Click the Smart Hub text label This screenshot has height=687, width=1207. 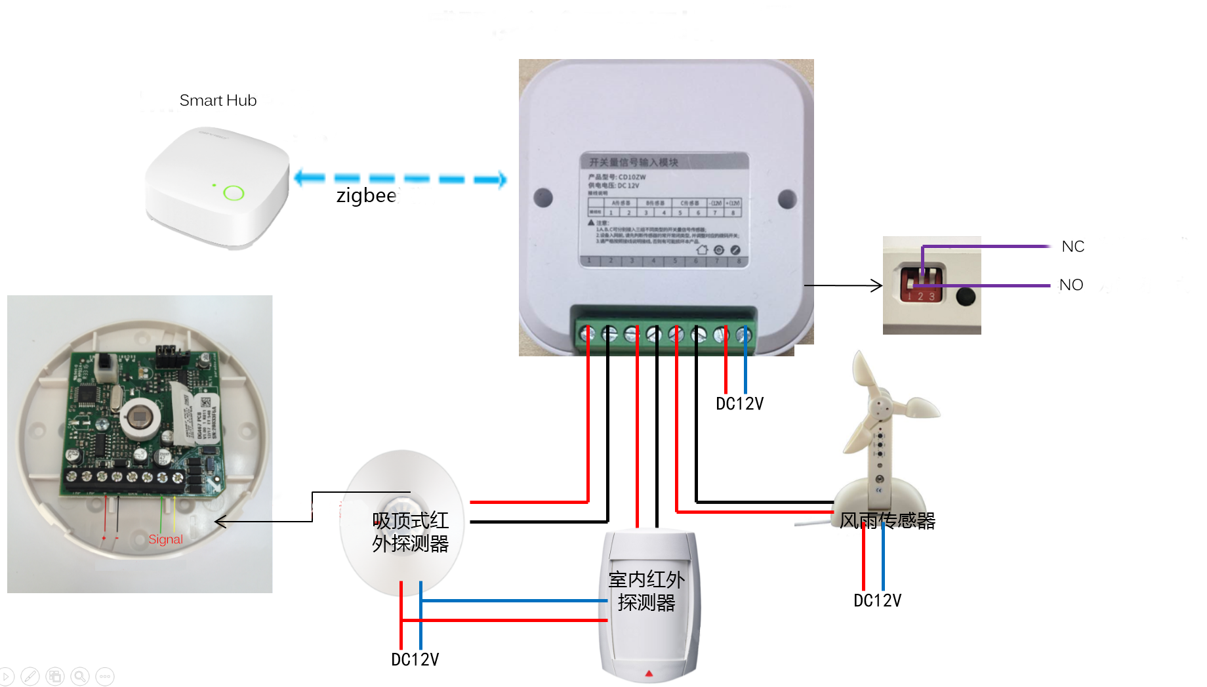tap(218, 100)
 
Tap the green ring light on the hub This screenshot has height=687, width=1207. tap(234, 193)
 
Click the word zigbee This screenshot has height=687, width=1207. tap(366, 196)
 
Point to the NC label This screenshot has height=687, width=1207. tap(1073, 247)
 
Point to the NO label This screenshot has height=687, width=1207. tap(1071, 285)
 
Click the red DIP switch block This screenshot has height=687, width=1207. tap(921, 283)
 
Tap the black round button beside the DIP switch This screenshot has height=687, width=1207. tap(965, 297)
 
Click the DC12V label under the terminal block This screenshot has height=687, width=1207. tap(739, 404)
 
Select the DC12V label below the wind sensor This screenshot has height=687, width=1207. tap(877, 600)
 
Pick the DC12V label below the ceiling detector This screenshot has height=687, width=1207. tap(415, 659)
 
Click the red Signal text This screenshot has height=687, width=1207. tap(165, 539)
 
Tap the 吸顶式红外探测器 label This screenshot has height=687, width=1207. tap(410, 532)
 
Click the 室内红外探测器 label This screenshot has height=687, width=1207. tap(646, 591)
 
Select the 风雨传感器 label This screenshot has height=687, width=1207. tap(887, 520)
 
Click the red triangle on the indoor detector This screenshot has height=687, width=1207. tap(649, 673)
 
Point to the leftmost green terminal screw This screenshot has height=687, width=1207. tap(587, 335)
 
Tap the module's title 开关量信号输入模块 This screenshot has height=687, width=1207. tap(633, 162)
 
